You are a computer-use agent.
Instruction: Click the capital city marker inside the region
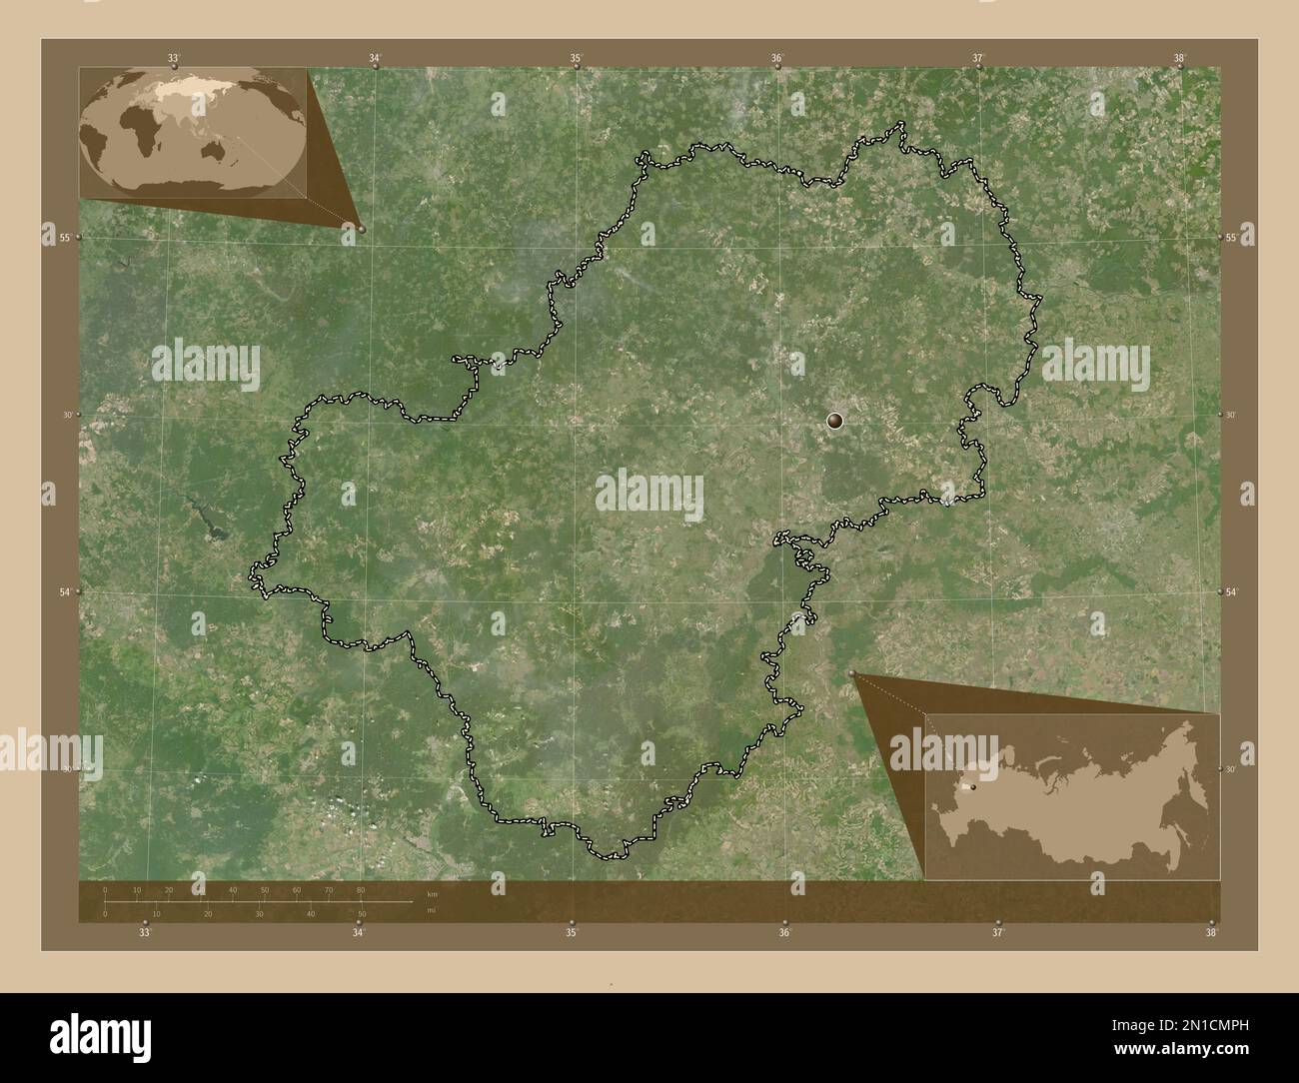835,422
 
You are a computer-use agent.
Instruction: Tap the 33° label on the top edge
173,59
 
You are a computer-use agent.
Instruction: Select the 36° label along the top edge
777,59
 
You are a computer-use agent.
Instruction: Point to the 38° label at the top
1180,59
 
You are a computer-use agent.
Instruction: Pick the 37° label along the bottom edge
997,933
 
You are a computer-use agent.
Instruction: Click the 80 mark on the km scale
361,889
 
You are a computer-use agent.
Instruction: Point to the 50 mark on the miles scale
362,913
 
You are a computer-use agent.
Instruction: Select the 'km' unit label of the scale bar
433,894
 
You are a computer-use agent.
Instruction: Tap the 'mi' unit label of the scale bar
431,911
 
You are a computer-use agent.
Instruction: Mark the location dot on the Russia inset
972,787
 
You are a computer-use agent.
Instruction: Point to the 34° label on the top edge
375,59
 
